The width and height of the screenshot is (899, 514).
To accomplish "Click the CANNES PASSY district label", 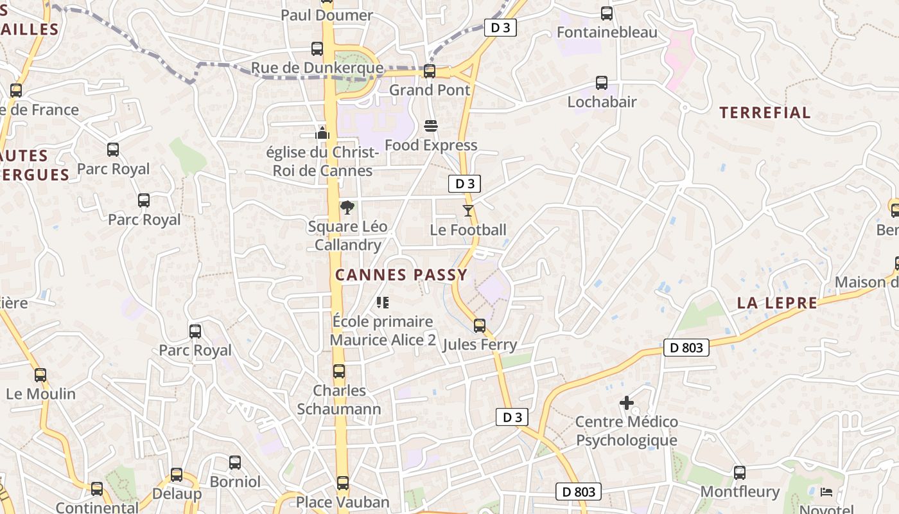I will tap(401, 275).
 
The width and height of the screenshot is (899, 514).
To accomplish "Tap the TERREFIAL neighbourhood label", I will tap(765, 113).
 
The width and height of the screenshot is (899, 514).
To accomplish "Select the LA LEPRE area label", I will tap(777, 303).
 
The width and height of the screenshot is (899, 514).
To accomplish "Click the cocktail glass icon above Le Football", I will tap(468, 210).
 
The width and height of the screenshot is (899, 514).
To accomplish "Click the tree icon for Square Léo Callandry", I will tap(347, 207).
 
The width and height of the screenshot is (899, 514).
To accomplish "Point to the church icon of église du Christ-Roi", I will tap(322, 133).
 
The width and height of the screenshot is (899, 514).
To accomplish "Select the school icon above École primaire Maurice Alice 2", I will tap(383, 302).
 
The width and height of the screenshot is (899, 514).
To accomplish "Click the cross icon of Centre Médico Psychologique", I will tap(627, 403).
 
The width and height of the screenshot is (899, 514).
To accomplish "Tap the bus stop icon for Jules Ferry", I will tap(480, 325).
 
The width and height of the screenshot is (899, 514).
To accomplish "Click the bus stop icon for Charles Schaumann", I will tap(338, 371).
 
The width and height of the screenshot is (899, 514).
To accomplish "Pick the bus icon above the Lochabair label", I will tap(602, 82).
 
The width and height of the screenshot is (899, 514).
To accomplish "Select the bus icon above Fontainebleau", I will tap(606, 13).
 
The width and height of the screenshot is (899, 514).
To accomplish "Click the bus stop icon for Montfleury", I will tap(740, 473).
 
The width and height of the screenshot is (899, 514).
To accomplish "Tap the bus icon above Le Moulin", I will tap(40, 375).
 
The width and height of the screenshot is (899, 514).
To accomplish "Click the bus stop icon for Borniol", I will tap(235, 462).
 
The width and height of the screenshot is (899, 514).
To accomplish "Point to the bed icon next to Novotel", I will tap(827, 492).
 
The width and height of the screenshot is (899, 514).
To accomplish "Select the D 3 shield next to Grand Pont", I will tap(500, 28).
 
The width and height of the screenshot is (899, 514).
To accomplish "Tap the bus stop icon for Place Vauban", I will tap(343, 483).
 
